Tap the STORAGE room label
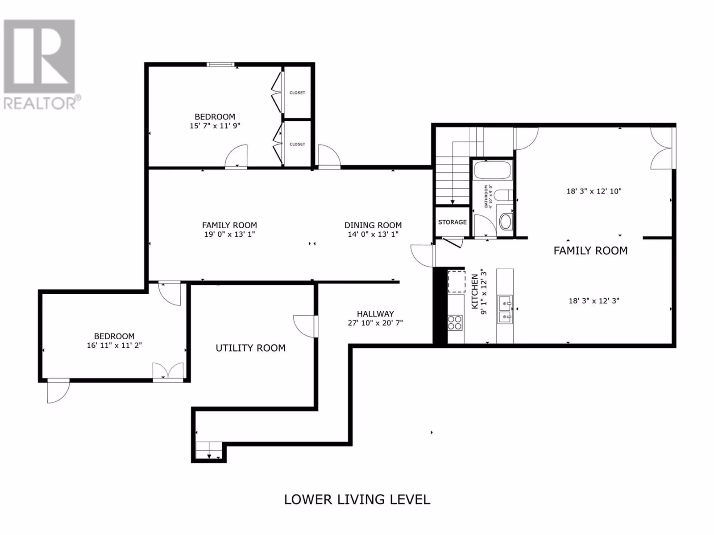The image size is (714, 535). [452, 222]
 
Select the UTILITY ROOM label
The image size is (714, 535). [250, 348]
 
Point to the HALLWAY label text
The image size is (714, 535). [375, 314]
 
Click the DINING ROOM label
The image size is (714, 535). [373, 225]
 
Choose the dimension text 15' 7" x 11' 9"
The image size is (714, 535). [215, 126]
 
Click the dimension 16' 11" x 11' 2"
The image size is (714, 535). [114, 345]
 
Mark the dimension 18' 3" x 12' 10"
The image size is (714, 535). [594, 191]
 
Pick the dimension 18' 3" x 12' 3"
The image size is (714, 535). [594, 301]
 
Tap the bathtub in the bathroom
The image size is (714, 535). [493, 170]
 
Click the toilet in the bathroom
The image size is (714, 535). [503, 195]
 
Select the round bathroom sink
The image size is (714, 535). [506, 221]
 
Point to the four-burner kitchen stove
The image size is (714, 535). [455, 322]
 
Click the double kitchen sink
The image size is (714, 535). [505, 309]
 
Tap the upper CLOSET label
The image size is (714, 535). [297, 93]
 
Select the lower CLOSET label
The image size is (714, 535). [297, 144]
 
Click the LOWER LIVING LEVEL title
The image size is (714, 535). [357, 499]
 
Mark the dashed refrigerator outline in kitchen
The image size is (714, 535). [457, 281]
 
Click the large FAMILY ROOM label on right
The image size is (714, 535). [590, 251]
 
